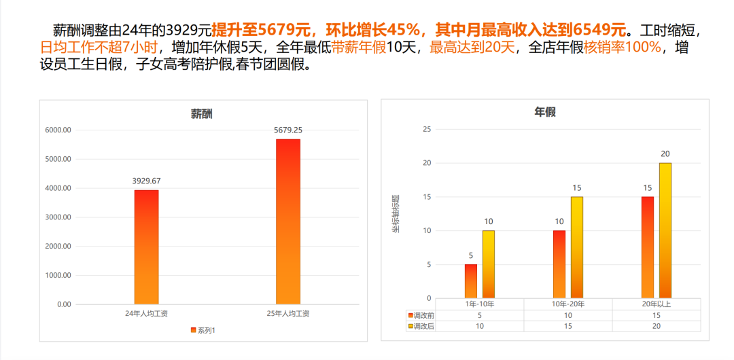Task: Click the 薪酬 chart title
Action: (201, 114)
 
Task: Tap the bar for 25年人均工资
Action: (288, 221)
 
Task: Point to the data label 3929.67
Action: (146, 181)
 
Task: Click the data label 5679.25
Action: (288, 130)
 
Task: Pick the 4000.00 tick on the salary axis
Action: (58, 188)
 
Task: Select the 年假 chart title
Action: (545, 112)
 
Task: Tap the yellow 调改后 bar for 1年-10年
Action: (489, 264)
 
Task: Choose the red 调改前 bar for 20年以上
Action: (647, 247)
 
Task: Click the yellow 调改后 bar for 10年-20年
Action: (576, 247)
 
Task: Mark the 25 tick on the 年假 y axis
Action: (427, 129)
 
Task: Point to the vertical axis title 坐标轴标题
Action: (395, 214)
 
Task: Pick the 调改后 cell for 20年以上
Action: (656, 326)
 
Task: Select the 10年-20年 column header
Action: (567, 304)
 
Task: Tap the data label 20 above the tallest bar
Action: (665, 154)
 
